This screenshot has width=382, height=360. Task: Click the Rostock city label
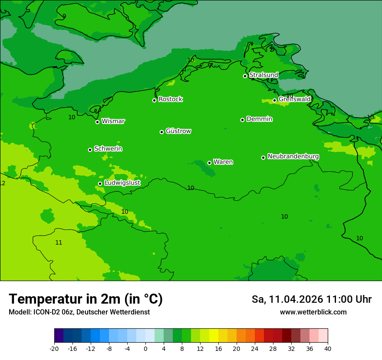pyautogui.click(x=170, y=99)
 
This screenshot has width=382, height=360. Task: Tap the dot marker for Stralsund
pyautogui.click(x=245, y=76)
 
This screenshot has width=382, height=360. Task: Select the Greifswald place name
pyautogui.click(x=294, y=99)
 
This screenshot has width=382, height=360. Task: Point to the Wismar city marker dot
pyautogui.click(x=98, y=122)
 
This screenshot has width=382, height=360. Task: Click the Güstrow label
pyautogui.click(x=178, y=131)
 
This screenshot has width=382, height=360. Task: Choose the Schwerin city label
pyautogui.click(x=108, y=149)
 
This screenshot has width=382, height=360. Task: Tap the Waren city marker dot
pyautogui.click(x=209, y=163)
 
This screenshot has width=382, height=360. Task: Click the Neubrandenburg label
pyautogui.click(x=293, y=157)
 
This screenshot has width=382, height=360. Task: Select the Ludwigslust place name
pyautogui.click(x=122, y=183)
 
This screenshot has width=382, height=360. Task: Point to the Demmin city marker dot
pyautogui.click(x=242, y=120)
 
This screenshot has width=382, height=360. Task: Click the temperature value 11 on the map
pyautogui.click(x=59, y=243)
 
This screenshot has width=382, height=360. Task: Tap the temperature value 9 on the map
pyautogui.click(x=64, y=16)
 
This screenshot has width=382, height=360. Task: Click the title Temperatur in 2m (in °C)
pyautogui.click(x=86, y=299)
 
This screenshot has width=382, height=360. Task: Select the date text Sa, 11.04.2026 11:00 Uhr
pyautogui.click(x=311, y=299)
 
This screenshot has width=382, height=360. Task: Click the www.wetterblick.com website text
pyautogui.click(x=313, y=312)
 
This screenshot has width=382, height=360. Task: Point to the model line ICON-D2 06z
pyautogui.click(x=79, y=312)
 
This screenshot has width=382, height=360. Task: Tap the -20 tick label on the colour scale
pyautogui.click(x=54, y=349)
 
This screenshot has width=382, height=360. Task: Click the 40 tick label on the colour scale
pyautogui.click(x=328, y=349)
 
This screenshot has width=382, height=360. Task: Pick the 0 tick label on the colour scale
pyautogui.click(x=145, y=349)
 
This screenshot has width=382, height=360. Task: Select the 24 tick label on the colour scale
pyautogui.click(x=255, y=349)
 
